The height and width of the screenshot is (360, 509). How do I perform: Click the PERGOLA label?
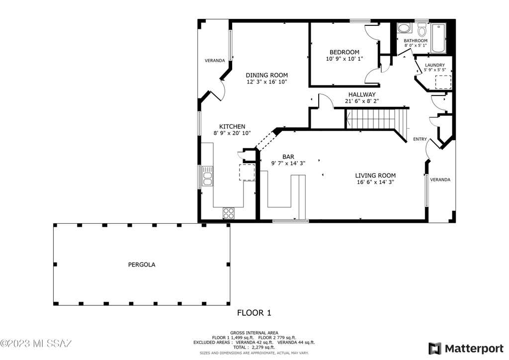[x=142, y=265]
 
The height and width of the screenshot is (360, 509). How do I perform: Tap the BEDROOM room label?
[x=344, y=52]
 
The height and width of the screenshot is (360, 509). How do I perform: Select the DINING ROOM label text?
[x=266, y=75]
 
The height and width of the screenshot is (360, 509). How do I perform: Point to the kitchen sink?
[x=207, y=176]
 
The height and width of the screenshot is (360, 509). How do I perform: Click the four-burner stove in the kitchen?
[x=228, y=213]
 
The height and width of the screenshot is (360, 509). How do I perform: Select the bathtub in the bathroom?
[x=438, y=38]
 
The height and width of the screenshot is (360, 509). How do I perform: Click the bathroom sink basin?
[x=404, y=28]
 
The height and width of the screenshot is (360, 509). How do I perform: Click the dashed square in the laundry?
[x=443, y=82]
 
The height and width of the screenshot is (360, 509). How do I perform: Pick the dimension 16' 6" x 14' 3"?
[x=375, y=182]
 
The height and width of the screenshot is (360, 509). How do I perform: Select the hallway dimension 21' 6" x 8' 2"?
[x=362, y=101]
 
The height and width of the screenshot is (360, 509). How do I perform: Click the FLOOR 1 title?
[x=254, y=313]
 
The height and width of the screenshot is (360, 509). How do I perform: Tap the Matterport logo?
[x=465, y=349]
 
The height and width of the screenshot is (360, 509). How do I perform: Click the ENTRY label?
[x=420, y=139]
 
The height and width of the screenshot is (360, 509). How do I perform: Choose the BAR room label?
[x=288, y=157]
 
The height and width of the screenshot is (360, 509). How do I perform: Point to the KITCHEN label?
[x=232, y=127]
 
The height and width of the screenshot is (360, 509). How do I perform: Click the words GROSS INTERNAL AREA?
[x=254, y=333]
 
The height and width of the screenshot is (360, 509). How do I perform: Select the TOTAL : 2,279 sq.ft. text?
[x=254, y=347]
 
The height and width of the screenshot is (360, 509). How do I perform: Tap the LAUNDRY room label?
[x=434, y=65]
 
